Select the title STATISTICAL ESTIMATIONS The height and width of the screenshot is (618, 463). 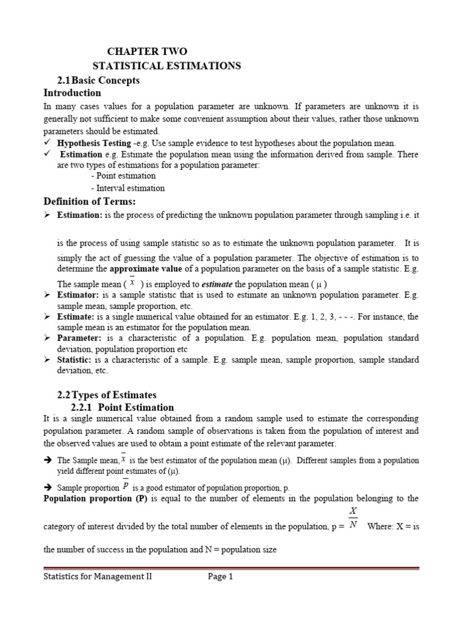166,66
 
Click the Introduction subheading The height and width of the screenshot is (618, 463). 72,93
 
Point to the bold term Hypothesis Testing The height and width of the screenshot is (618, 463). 93,143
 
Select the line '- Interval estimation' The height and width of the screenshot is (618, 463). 127,188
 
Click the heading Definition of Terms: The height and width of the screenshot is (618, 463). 90,201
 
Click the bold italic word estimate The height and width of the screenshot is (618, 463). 216,284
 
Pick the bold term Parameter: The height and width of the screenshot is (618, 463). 80,338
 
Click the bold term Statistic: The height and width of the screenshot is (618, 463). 77,360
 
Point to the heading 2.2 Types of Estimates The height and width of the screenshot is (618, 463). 107,395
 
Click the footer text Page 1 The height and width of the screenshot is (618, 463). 220,576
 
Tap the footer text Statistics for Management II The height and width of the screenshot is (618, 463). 98,576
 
